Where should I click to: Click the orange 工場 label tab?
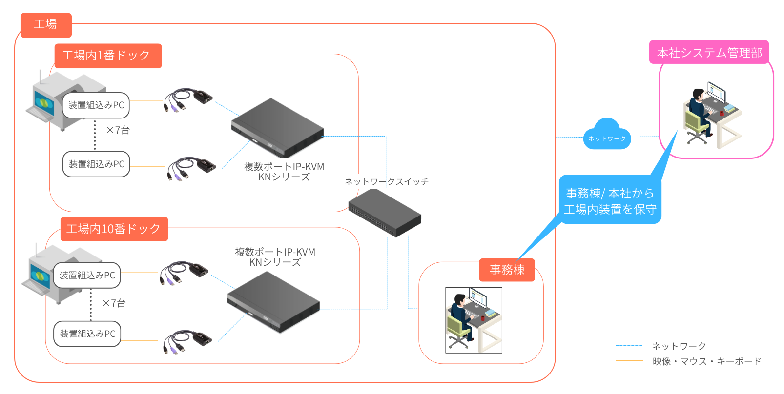click(x=46, y=25)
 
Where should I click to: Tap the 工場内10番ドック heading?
click(x=114, y=229)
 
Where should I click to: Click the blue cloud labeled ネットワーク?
click(x=607, y=136)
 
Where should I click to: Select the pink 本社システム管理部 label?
click(x=709, y=52)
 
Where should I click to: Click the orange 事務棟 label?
click(x=507, y=270)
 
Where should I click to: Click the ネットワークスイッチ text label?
click(x=386, y=181)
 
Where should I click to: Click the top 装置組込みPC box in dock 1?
click(x=96, y=105)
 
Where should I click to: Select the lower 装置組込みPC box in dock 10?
click(x=87, y=334)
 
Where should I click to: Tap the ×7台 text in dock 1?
click(x=118, y=130)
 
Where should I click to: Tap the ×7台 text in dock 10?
click(x=113, y=303)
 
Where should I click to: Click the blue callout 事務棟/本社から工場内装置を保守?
click(x=610, y=200)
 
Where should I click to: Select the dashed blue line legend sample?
click(x=629, y=346)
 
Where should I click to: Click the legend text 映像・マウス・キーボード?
click(x=706, y=361)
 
